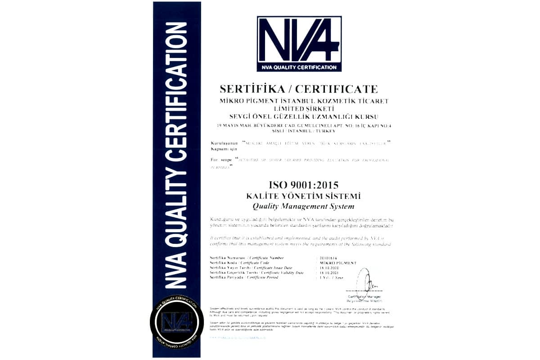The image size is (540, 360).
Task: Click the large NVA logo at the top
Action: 299,44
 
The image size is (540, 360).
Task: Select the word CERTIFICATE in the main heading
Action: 340,89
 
